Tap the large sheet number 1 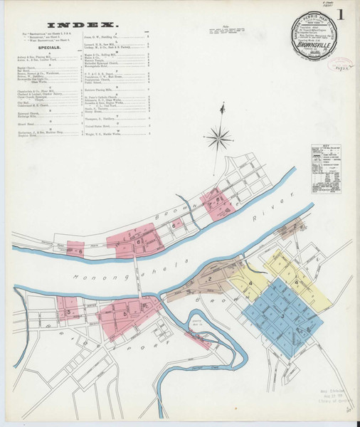[x=344, y=14]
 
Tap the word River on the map [x=268, y=223]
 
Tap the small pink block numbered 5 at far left [x=70, y=311]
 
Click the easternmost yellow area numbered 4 [x=297, y=283]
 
